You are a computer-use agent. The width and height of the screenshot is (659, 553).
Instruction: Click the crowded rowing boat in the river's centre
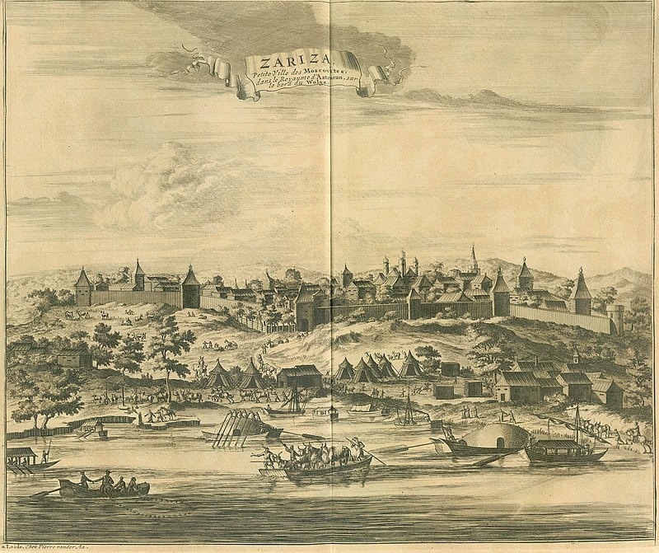click(x=305, y=466)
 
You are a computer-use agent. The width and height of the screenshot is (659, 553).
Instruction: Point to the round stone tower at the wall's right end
click(x=615, y=319)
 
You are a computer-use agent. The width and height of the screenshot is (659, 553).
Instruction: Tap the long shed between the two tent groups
click(x=298, y=376)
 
